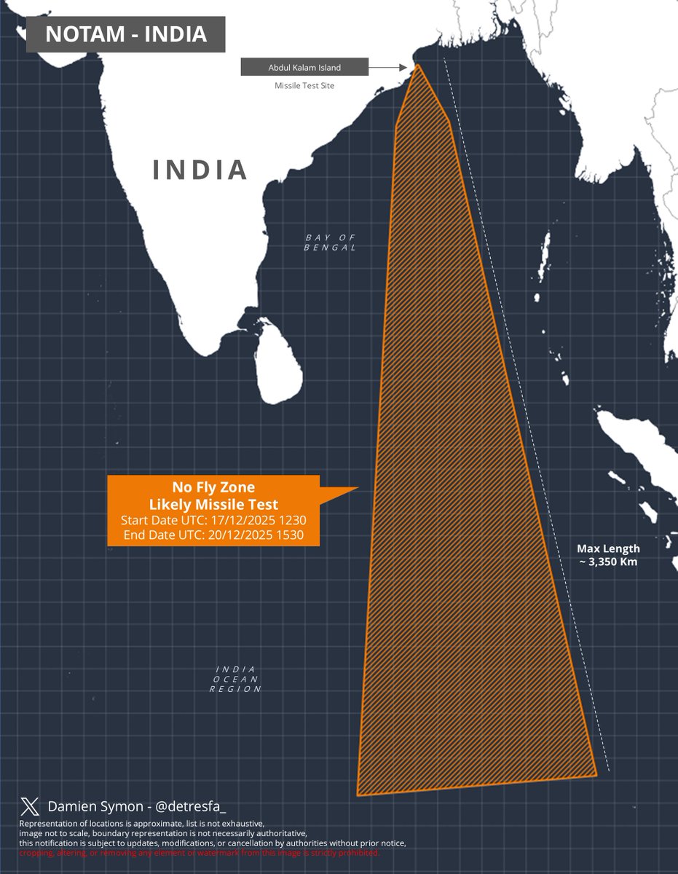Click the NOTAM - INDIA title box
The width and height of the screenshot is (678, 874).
(x=125, y=34)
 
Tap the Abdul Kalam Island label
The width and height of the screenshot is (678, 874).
(x=304, y=68)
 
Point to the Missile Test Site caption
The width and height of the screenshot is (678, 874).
(x=304, y=86)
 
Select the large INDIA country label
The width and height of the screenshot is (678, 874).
(x=200, y=170)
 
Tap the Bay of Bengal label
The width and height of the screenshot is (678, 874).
(x=331, y=243)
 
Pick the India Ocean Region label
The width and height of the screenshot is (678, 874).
(x=235, y=679)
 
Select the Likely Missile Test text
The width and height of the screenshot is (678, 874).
(x=214, y=505)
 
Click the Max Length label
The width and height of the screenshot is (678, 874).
(x=608, y=548)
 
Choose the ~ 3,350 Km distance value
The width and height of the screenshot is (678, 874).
(x=608, y=562)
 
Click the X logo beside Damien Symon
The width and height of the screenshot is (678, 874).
(x=30, y=806)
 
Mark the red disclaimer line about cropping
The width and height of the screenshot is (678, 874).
(x=200, y=853)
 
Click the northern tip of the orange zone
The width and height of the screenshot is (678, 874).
(x=419, y=66)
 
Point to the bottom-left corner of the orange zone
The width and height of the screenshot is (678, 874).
(x=358, y=795)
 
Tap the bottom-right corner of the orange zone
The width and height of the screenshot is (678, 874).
(x=596, y=775)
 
